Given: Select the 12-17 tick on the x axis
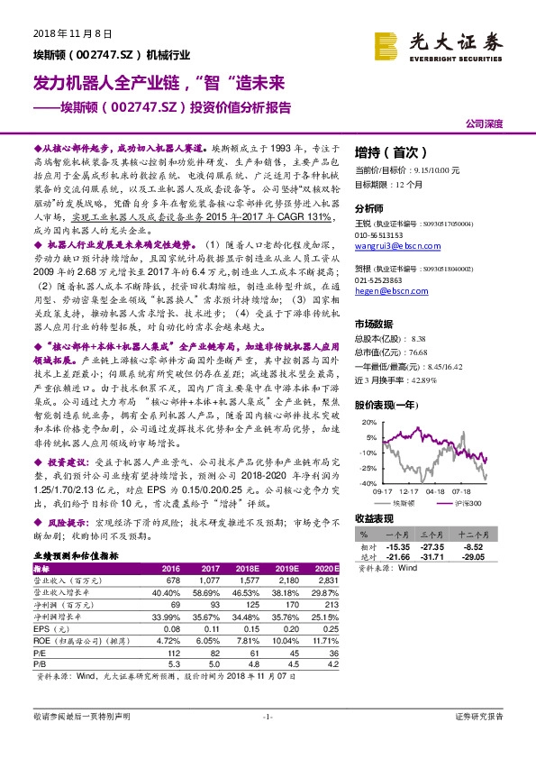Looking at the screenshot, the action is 410,491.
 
